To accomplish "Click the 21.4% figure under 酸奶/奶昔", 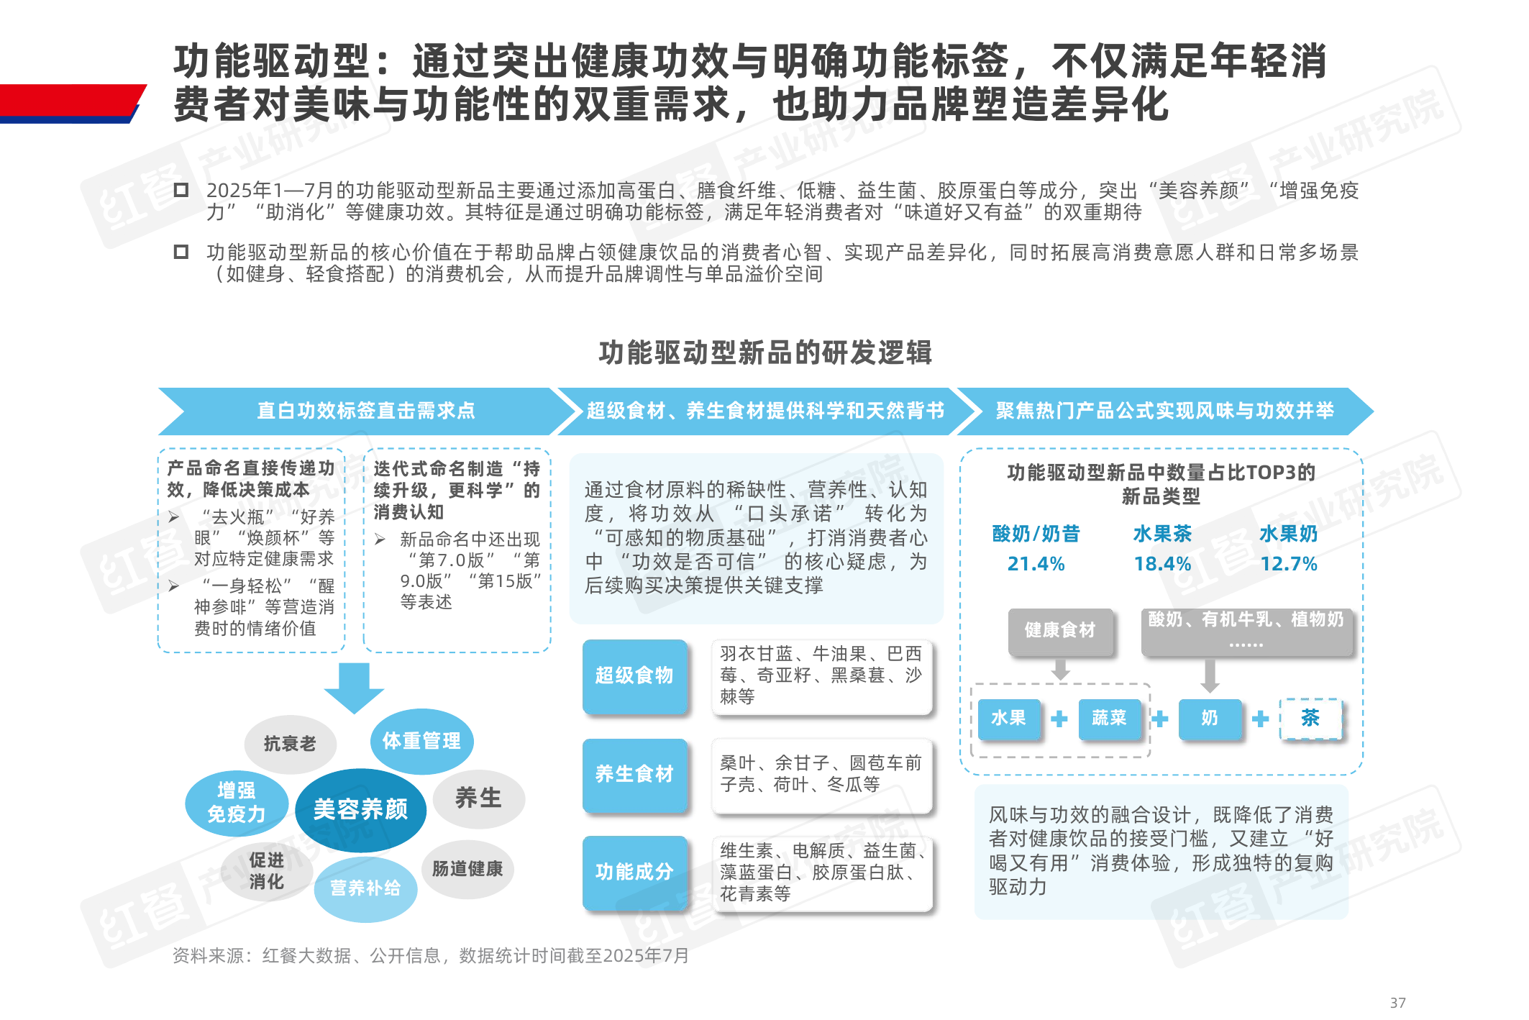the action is coord(1036,564).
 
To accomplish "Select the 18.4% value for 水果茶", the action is coord(1162,564).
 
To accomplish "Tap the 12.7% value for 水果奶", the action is coord(1289,564).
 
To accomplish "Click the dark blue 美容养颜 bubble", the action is coord(360,810).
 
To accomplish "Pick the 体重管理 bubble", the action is coord(421,741).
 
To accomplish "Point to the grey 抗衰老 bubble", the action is coord(290,744).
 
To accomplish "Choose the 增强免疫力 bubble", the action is coord(237,803).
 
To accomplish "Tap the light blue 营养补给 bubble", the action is coord(365,888).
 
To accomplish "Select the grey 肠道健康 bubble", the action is coord(467,869).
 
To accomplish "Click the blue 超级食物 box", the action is coord(634,675).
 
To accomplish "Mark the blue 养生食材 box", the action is coord(634,775).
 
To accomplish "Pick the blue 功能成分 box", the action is coord(634,873).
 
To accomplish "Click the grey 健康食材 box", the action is coord(1060,631).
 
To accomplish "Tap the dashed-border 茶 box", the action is coord(1310,718).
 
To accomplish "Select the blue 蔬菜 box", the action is coord(1109,719).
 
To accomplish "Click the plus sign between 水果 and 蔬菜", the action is coord(1059,719).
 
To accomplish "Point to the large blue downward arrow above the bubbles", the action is coord(354,688).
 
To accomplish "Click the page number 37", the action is coord(1397,1003).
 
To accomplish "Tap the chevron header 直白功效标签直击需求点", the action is coord(367,411).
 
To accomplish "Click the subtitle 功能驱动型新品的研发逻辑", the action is coord(765,352).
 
